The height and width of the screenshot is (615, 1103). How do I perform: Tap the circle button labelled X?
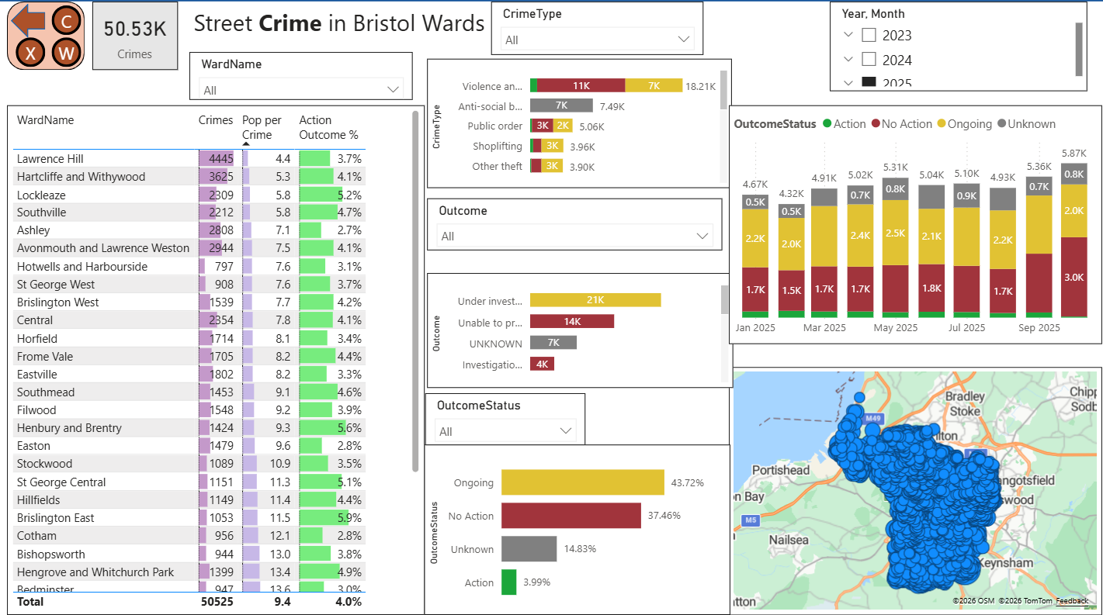pos(31,54)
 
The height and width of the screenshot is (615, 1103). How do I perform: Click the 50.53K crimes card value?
pos(135,29)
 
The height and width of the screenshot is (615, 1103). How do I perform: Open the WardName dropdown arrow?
pos(392,90)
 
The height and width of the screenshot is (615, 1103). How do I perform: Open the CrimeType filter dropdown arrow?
pos(684,40)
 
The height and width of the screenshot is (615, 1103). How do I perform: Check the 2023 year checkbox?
pos(869,35)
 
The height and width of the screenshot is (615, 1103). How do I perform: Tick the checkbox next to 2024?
pos(869,60)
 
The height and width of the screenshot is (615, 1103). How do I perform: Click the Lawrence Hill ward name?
pos(50,159)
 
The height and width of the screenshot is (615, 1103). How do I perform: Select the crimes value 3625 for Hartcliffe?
pos(220,177)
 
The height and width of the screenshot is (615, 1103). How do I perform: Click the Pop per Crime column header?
pos(262,127)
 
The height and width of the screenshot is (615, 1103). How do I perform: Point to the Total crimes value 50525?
pos(217,601)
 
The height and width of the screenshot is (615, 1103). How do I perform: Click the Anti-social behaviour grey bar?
pos(561,105)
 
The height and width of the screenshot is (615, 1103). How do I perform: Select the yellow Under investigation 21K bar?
pos(595,300)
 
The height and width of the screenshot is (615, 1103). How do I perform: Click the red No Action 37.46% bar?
pos(571,516)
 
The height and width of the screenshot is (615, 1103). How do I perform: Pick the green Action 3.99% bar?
pos(508,582)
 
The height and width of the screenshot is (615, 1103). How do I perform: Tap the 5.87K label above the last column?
pos(1074,154)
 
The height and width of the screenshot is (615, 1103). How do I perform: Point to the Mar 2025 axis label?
pos(824,328)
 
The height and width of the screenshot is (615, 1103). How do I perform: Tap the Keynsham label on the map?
pos(1006,563)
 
